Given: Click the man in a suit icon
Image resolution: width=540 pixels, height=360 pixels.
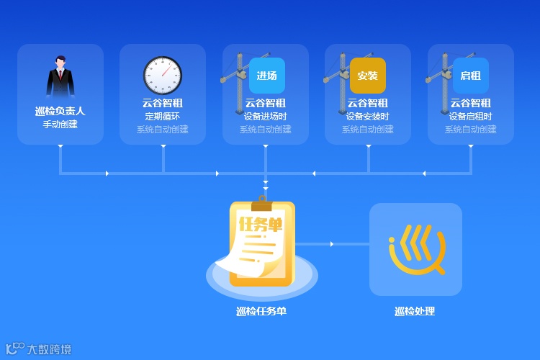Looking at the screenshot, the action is (60, 78).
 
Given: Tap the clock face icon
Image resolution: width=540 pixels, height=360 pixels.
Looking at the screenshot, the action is (163, 75).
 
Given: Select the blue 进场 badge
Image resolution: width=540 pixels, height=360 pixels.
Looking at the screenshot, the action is (267, 76).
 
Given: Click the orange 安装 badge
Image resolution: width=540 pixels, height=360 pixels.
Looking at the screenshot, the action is (368, 76).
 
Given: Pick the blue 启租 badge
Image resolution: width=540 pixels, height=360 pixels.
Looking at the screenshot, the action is (471, 76).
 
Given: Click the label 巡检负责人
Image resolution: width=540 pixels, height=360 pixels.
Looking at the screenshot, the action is (60, 111).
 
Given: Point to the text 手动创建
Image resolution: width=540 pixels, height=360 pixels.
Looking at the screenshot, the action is (60, 125).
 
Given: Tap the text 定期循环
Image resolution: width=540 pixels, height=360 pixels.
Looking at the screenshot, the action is (163, 117).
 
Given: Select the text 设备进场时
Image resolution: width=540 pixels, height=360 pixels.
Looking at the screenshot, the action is (266, 117).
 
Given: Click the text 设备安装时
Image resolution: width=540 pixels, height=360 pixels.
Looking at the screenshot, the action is (368, 117).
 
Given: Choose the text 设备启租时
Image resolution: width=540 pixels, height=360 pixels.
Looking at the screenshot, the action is (471, 117).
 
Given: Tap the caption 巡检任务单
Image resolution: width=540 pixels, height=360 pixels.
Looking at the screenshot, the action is (261, 312).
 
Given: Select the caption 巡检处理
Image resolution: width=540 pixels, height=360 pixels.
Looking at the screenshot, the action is (415, 312).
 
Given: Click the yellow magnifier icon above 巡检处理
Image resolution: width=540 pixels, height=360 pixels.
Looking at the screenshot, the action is (416, 249).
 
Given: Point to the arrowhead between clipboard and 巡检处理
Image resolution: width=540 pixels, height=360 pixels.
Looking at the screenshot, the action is (332, 244).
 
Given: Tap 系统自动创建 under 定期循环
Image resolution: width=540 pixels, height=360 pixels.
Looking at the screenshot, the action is (163, 130).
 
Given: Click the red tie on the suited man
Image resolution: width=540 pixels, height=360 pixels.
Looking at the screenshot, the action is (60, 74).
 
